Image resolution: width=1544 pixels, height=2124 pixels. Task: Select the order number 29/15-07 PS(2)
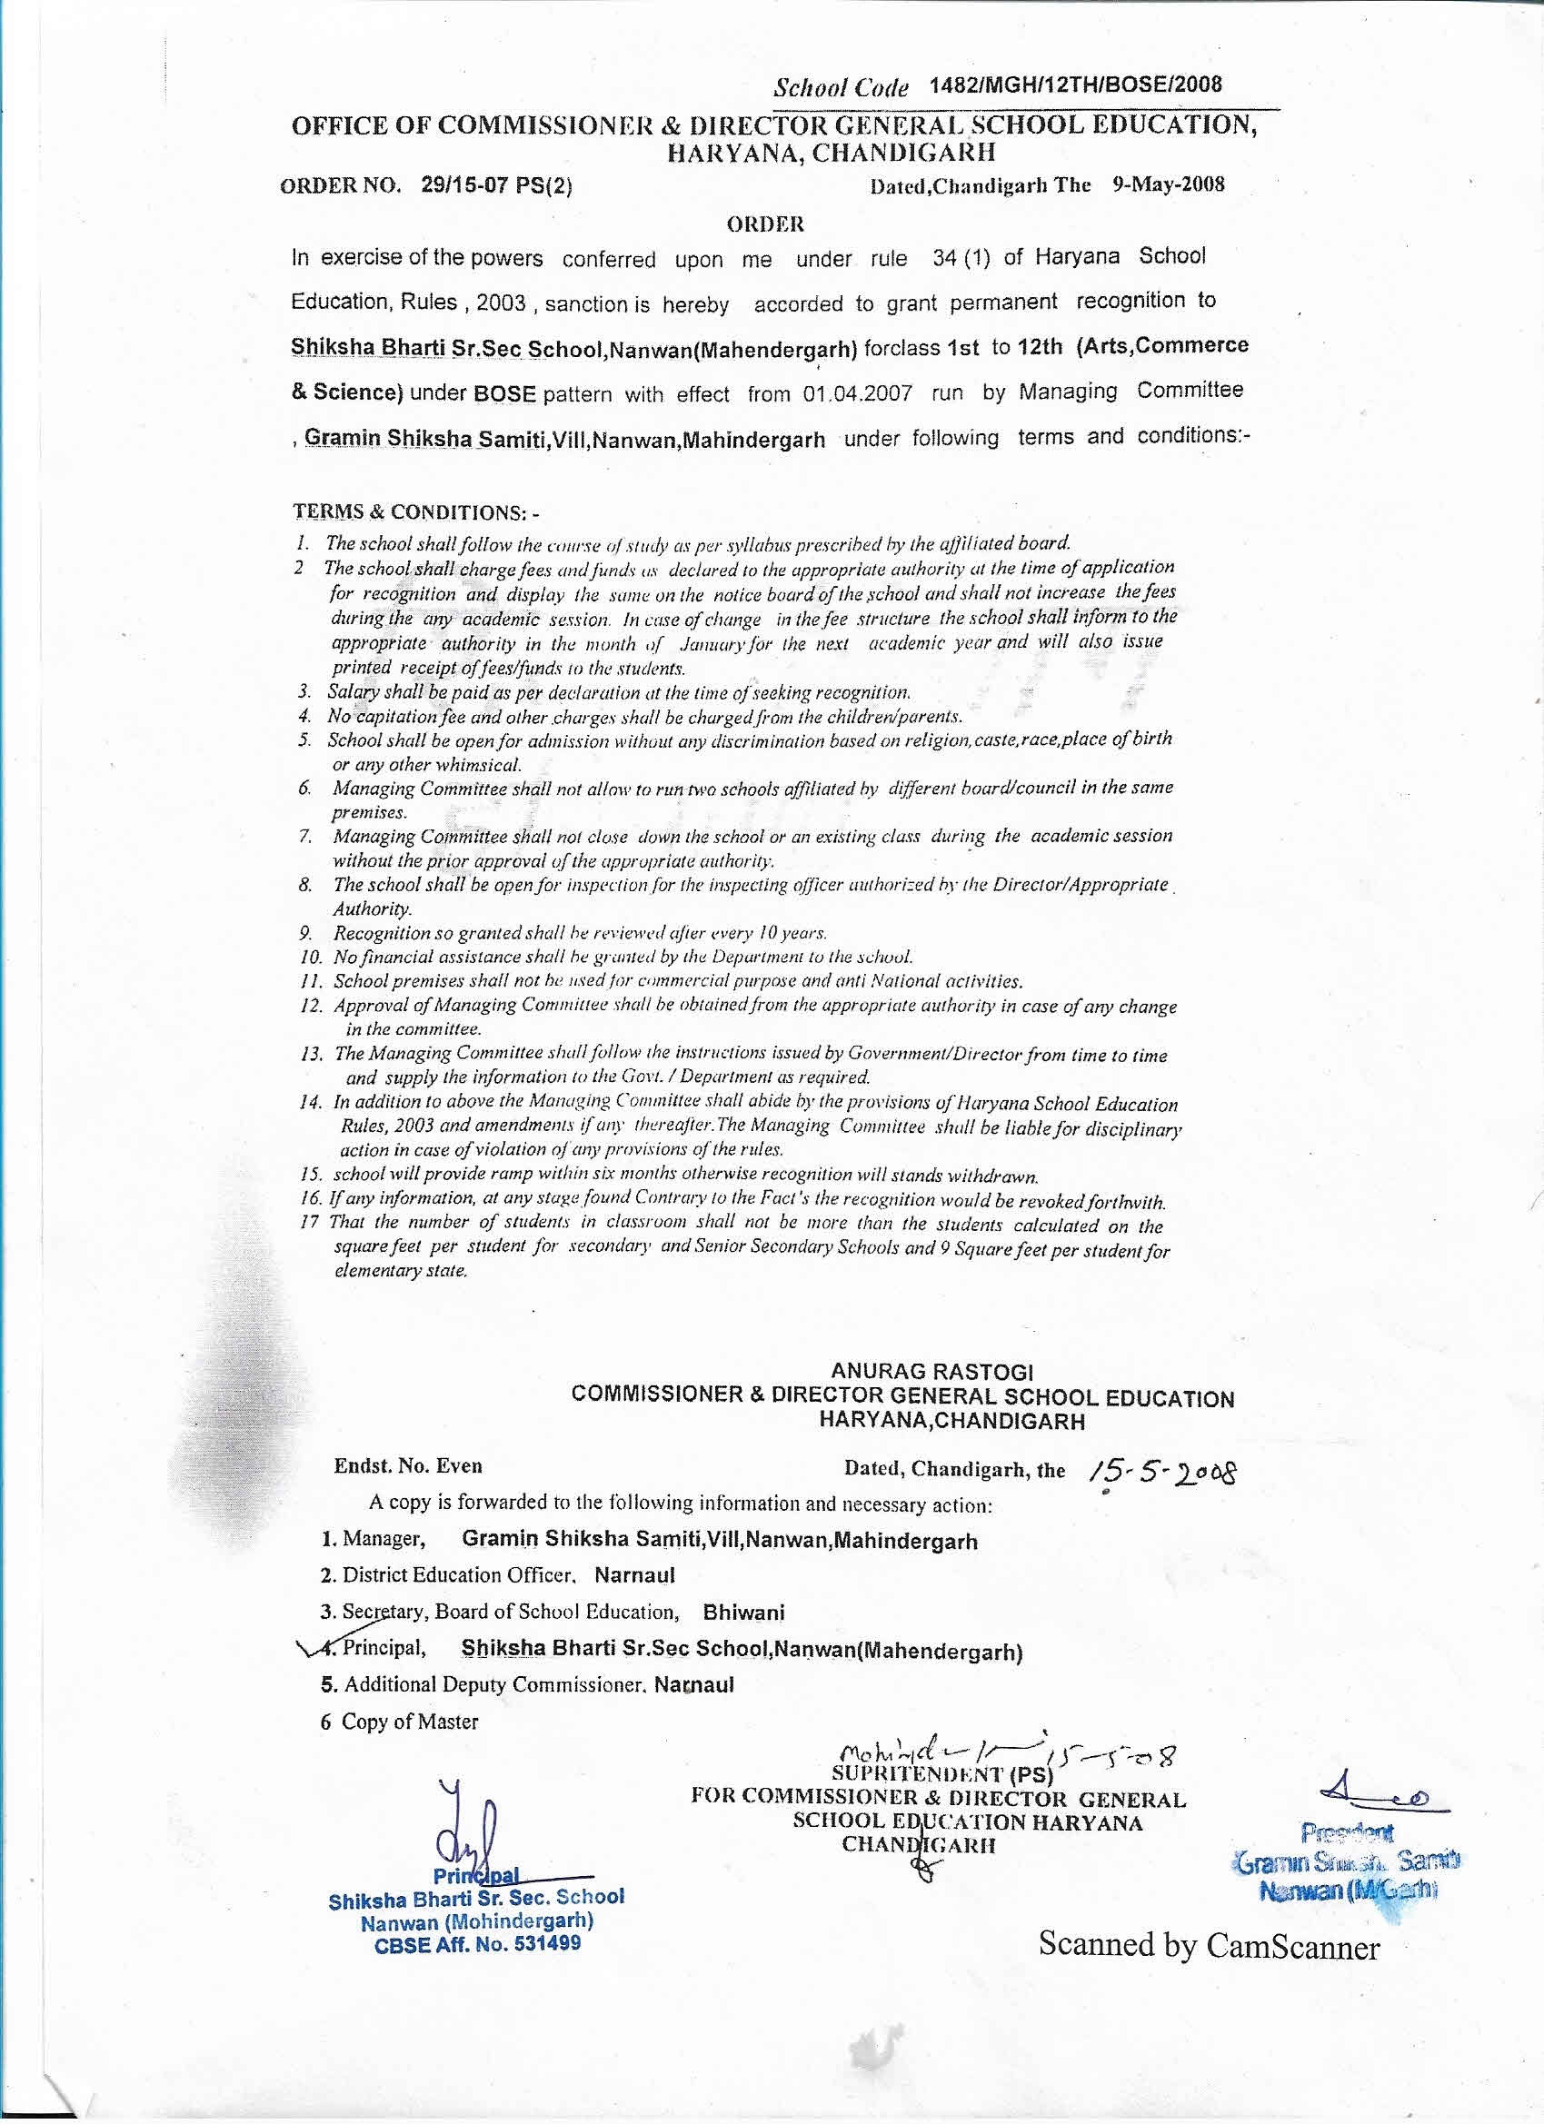pos(496,185)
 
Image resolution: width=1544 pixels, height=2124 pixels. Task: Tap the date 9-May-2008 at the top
pos(1168,184)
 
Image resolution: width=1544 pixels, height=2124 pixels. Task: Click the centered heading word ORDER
pos(765,223)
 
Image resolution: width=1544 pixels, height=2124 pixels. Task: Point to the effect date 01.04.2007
pos(857,392)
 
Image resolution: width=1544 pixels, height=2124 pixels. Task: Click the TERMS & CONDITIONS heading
pos(417,512)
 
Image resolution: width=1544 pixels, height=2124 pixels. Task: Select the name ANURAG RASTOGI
pos(932,1373)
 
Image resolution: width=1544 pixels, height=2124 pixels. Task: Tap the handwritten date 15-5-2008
pos(1159,1470)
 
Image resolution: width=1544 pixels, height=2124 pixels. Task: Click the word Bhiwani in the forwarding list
pos(744,1613)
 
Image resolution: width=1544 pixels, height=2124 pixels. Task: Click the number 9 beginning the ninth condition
pos(304,933)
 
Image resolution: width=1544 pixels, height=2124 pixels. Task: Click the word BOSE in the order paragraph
pos(504,394)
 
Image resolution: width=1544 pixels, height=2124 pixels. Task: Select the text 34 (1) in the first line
pos(961,257)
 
